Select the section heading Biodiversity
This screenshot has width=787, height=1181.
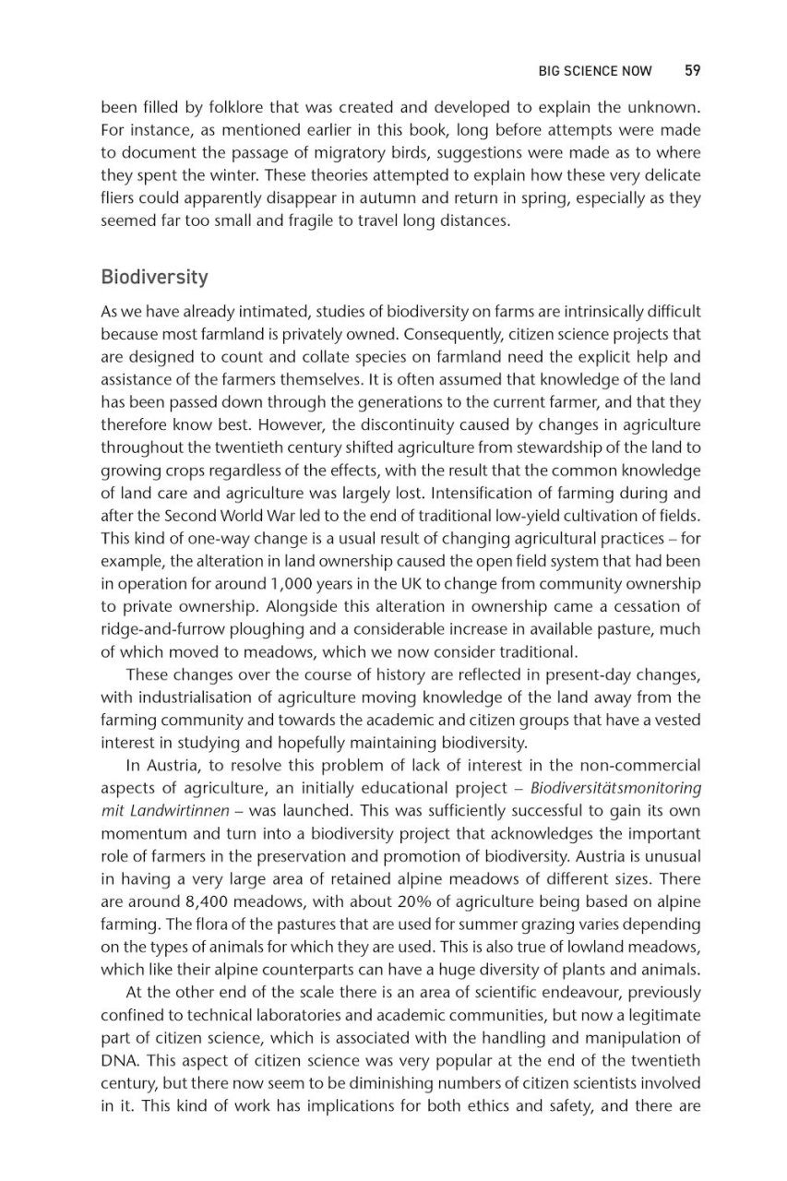point(154,277)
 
